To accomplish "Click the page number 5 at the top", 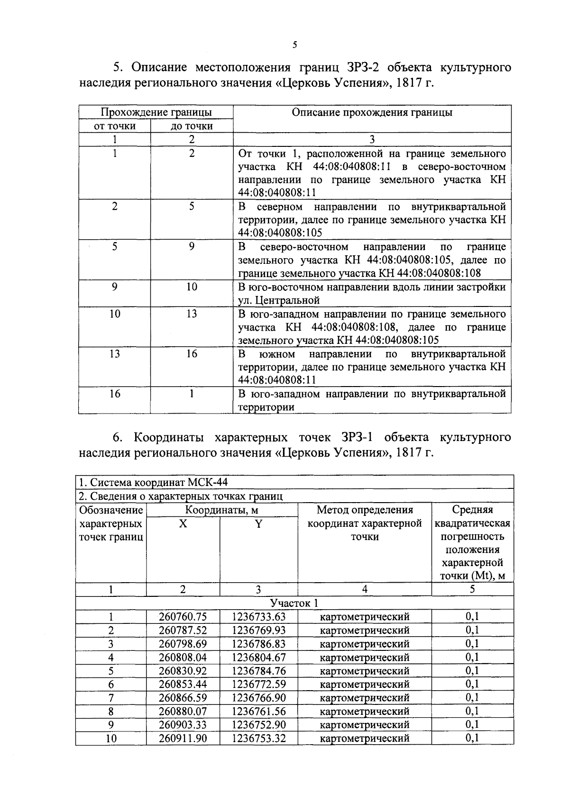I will point(294,45).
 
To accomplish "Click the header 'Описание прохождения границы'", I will point(372,112).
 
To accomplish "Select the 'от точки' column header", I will point(114,126).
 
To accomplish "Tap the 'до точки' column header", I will point(192,126).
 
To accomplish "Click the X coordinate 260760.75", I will point(183,617).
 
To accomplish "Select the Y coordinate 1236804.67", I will point(258,657).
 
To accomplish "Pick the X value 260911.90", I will point(183,738).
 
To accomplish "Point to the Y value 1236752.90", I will point(258,725).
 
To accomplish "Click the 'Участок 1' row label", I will point(294,603).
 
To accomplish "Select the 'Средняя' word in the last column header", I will point(472,510).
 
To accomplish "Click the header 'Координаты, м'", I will point(221,510).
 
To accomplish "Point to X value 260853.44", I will point(183,684).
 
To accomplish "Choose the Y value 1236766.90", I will point(258,698).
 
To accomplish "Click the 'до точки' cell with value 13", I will point(192,314).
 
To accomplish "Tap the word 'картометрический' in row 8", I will point(364,711).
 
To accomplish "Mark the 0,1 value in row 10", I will point(472,738).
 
